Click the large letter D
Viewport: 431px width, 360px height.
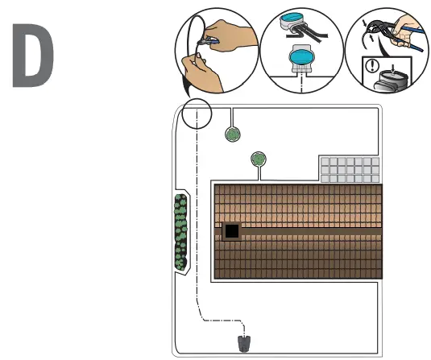pos(33,56)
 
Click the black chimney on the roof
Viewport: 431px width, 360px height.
pos(231,232)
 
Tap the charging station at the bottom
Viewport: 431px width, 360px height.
pos(242,344)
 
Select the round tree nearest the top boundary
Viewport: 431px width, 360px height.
pos(232,134)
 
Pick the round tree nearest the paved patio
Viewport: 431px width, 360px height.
pos(259,159)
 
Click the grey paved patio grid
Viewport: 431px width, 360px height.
pos(350,171)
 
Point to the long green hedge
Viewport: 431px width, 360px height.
pos(180,232)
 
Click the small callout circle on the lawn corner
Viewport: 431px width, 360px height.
pos(196,114)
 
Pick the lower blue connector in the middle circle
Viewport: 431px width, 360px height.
pos(299,57)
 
